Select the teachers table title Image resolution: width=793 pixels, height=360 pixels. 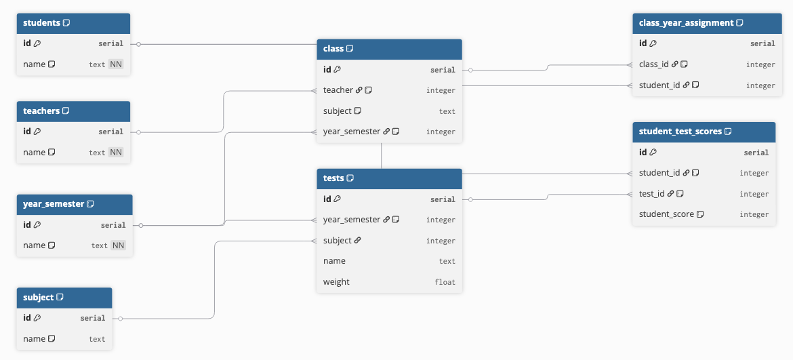click(41, 111)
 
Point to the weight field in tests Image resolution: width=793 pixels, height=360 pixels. click(336, 282)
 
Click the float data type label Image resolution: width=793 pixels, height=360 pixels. click(445, 282)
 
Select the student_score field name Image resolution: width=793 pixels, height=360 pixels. click(666, 214)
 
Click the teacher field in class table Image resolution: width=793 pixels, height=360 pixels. click(338, 90)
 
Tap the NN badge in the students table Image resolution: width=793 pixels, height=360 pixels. click(116, 64)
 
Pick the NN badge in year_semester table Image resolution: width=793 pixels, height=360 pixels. click(118, 245)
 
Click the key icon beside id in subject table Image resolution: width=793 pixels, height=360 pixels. click(37, 318)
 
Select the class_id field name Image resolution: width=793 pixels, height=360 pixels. click(653, 64)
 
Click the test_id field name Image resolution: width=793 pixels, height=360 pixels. click(651, 194)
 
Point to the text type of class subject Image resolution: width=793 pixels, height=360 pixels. click(447, 111)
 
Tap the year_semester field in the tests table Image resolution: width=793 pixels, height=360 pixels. click(352, 220)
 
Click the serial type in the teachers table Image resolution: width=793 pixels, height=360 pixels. click(110, 132)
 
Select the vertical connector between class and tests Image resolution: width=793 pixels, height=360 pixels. click(382, 155)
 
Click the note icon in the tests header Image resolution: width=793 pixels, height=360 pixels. click(350, 178)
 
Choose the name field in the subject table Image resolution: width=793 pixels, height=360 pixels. click(34, 339)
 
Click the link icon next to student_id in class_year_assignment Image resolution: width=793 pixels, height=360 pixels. click(686, 85)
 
